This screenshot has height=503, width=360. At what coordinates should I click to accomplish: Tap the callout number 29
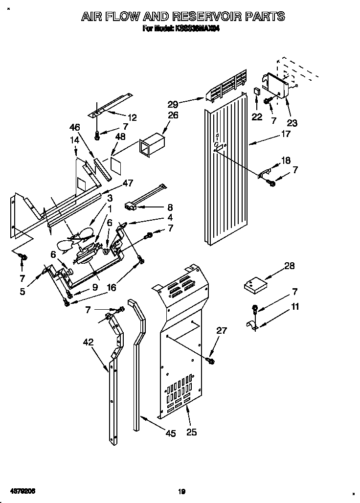point(173,103)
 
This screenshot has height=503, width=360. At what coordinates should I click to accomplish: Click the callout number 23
point(292,123)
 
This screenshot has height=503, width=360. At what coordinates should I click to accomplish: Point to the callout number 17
point(286,134)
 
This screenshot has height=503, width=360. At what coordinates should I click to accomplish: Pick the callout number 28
point(290,266)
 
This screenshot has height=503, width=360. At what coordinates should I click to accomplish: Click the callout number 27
point(221,330)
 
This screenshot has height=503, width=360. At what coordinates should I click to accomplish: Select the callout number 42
point(88,343)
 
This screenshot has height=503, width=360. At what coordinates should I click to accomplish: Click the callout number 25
point(192,432)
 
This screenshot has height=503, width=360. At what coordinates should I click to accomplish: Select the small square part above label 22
point(256,91)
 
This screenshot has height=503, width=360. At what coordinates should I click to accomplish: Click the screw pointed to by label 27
point(211,361)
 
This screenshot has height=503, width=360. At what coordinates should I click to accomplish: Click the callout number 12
point(132,117)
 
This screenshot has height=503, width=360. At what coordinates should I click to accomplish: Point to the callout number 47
point(128,183)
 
